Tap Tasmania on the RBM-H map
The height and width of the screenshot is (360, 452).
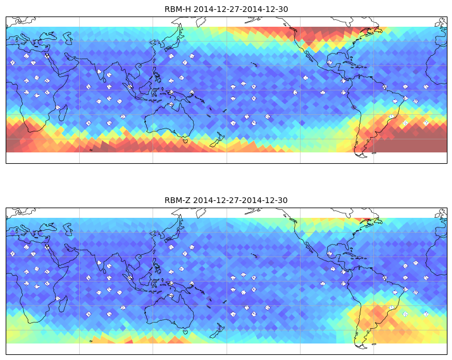[x=185, y=140]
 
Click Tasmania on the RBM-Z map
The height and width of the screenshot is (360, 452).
[x=185, y=332]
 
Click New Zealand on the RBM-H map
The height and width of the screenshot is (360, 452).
[x=217, y=140]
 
